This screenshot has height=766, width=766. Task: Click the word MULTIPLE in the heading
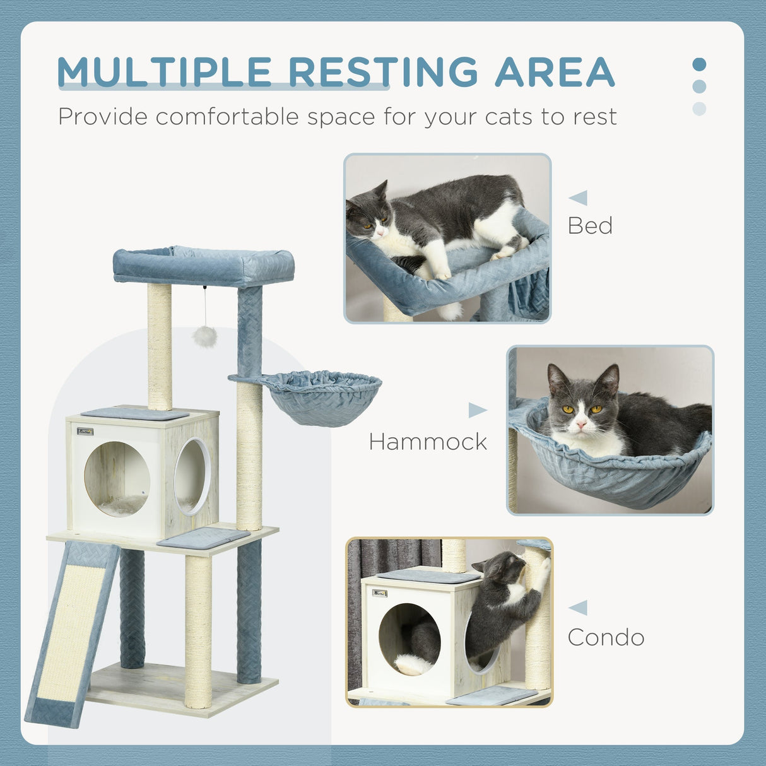pos(164,72)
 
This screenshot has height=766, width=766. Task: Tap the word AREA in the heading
pos(555,72)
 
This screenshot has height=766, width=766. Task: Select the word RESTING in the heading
pos(384,72)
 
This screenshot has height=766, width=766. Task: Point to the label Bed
pos(590,226)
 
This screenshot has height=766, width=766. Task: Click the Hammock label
pos(428,442)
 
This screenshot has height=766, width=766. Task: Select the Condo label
pos(606,637)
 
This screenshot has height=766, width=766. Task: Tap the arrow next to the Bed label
pos(578,197)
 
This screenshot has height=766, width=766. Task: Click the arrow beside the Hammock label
pos(477,411)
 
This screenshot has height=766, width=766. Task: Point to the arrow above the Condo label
pos(578,608)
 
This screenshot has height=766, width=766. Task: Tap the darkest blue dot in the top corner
pos(699,64)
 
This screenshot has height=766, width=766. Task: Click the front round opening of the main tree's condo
pos(117,479)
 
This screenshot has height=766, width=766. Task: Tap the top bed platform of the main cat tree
pos(203,265)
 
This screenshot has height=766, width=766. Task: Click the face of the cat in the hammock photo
pos(579,410)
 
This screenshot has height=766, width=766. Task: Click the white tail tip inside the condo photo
pos(413,664)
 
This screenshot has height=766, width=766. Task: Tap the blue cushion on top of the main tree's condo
pos(134,414)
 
